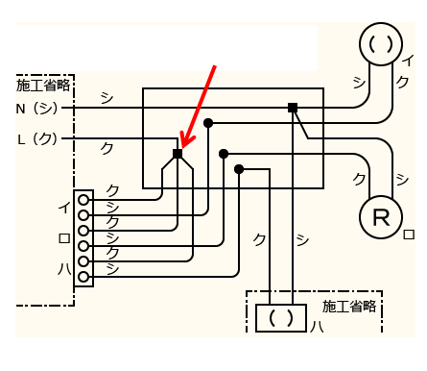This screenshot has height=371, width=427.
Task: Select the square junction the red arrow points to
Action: (x=178, y=154)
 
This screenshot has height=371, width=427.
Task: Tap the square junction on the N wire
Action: (x=293, y=107)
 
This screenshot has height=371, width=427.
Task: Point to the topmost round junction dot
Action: (x=208, y=123)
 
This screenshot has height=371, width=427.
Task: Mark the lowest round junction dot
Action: (x=239, y=169)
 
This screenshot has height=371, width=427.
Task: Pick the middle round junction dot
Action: (x=224, y=154)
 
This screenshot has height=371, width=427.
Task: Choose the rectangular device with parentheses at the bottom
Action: (x=280, y=317)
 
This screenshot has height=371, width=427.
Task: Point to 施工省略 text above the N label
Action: (x=44, y=86)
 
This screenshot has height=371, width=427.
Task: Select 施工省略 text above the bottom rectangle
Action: (x=349, y=307)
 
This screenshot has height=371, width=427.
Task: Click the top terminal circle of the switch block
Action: (x=84, y=200)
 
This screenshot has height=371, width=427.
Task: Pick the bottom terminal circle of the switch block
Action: (x=84, y=277)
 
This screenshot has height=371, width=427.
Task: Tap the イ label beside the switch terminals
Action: (x=63, y=207)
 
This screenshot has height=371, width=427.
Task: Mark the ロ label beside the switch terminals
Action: (x=63, y=237)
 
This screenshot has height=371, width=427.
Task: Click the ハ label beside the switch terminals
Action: (x=63, y=269)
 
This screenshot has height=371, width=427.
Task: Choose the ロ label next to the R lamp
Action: (x=409, y=234)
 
